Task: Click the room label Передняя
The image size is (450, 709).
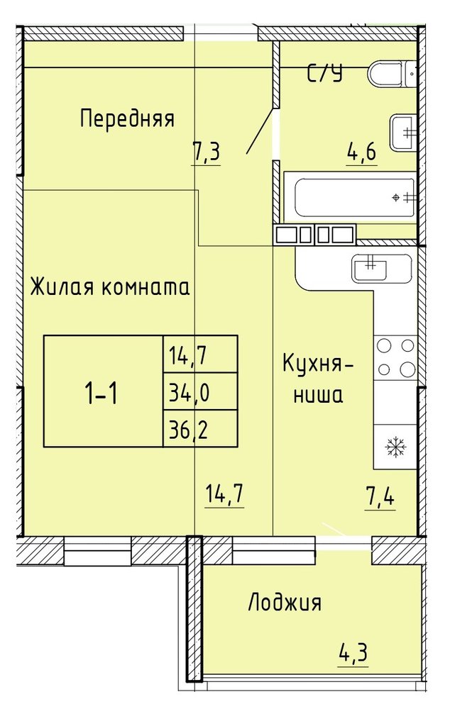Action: pos(127,119)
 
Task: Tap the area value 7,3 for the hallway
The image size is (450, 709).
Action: pos(206,152)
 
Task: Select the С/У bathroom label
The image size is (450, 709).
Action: pos(324,73)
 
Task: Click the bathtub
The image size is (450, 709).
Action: pos(354,198)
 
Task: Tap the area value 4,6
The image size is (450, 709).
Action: pos(362,152)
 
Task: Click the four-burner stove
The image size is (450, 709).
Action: pos(395,358)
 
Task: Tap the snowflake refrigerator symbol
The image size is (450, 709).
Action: pos(395,447)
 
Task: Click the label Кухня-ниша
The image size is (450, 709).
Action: pos(318,379)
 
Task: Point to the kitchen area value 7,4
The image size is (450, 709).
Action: pos(379,497)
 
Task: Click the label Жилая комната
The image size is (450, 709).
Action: pos(109,287)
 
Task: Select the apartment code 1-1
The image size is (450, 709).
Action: pos(101,393)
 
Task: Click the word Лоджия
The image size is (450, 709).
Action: pos(285,603)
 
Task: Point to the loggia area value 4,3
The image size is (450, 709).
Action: pos(353,652)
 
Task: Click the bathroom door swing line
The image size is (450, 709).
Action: pos(260,131)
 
